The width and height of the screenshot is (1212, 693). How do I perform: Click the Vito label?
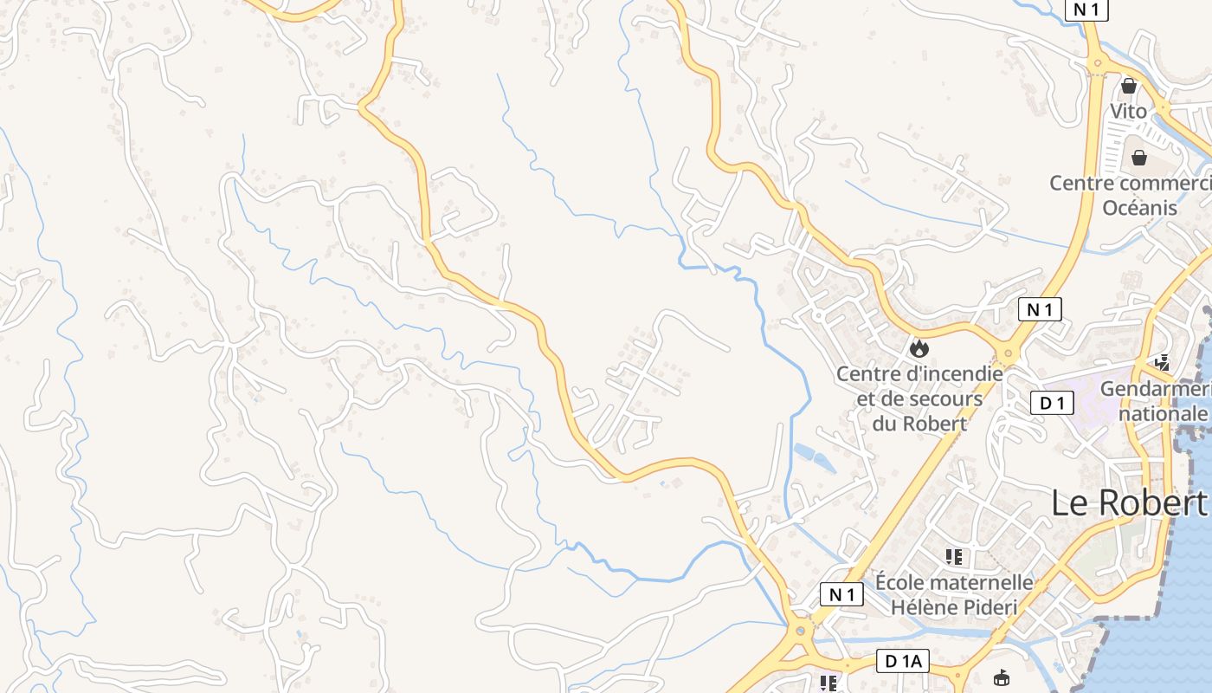tap(1129, 111)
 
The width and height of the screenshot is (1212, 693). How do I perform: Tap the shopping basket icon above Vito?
tap(1129, 86)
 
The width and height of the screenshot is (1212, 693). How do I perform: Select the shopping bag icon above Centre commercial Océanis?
tap(1139, 158)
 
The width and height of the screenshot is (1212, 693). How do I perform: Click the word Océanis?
tap(1139, 208)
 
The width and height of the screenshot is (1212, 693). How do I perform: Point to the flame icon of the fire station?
tap(919, 348)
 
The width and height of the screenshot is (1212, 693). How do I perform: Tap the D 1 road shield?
tap(1052, 403)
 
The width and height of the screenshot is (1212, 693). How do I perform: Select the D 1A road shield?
tap(902, 661)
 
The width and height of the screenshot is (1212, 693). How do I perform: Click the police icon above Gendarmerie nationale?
tap(1162, 363)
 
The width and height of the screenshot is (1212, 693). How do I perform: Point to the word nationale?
tap(1162, 413)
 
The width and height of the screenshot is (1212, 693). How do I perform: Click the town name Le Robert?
tap(1128, 502)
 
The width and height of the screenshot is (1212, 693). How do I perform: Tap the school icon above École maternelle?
tap(954, 556)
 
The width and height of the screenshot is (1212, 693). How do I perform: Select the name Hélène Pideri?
tap(954, 606)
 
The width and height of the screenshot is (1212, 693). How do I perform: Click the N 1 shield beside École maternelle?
tap(841, 594)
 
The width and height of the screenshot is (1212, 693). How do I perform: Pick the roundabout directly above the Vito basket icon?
tap(1098, 62)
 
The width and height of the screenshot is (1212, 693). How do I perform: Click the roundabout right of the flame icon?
tap(1007, 353)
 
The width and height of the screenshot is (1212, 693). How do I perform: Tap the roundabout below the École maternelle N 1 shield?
tap(800, 630)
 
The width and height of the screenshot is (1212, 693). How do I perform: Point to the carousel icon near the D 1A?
tap(1002, 677)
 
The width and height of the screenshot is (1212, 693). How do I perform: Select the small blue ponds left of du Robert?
tap(814, 457)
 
